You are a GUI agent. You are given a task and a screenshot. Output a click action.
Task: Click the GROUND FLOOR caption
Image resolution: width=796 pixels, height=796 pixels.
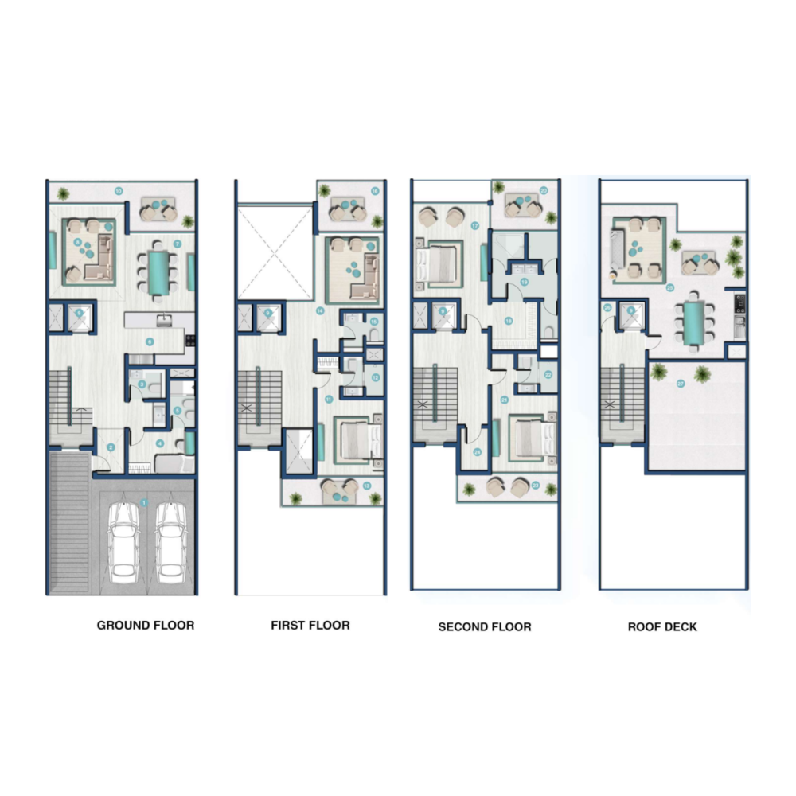tap(145, 626)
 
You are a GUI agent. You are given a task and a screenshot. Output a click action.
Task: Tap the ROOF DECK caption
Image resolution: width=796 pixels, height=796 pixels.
tap(662, 627)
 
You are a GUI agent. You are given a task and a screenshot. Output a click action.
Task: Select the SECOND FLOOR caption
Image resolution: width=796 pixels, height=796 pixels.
tap(484, 627)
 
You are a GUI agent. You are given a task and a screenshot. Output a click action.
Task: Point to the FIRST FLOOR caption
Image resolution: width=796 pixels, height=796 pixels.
tap(310, 626)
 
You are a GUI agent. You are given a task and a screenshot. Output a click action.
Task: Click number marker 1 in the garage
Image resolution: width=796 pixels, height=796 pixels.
tap(144, 502)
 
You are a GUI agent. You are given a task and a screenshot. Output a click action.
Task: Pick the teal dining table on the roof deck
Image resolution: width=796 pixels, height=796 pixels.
tap(693, 322)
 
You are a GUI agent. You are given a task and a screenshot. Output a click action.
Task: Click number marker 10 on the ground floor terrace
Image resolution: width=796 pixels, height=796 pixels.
tap(118, 190)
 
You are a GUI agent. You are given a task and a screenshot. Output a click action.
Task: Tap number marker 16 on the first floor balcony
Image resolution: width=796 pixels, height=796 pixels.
tap(375, 191)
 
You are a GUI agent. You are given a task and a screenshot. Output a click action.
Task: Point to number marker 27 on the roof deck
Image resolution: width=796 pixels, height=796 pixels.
tap(681, 384)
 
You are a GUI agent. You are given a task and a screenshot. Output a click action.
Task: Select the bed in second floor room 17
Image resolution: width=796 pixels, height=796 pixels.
tap(436, 263)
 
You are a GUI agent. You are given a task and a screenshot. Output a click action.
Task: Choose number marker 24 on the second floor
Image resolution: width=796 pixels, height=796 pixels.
tap(477, 452)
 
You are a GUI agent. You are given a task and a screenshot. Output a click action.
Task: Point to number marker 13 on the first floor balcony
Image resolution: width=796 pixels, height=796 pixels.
tap(366, 485)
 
